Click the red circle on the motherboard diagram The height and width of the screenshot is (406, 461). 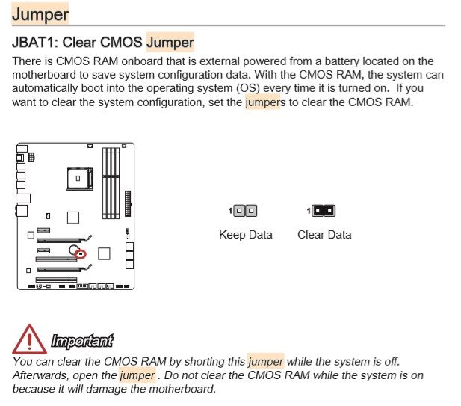pos(82,255)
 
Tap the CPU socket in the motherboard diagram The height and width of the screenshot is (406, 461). pos(78,179)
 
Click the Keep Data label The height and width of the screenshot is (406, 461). pos(245,235)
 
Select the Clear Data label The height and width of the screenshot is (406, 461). pos(324,235)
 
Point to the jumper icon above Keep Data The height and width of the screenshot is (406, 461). pos(245,212)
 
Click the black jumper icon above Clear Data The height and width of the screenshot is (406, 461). pos(324,212)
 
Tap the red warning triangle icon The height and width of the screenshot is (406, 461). pos(28,339)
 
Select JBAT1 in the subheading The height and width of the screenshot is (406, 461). pos(34,43)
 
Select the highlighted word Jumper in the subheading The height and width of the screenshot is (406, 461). pos(170,43)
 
